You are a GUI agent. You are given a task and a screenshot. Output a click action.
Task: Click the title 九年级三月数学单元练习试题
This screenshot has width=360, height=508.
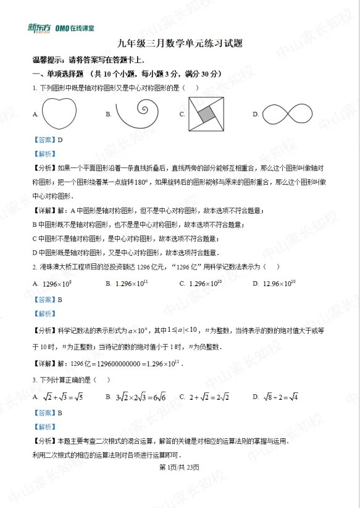[x=179, y=46]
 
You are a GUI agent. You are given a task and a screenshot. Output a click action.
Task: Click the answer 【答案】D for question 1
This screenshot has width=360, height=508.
[x=48, y=140]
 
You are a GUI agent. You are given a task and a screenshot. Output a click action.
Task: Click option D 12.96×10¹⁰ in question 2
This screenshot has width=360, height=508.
[x=278, y=284]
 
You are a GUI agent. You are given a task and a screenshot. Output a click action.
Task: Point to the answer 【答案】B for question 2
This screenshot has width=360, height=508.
[x=48, y=299]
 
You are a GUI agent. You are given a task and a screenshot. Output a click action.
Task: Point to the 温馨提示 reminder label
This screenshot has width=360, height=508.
[x=49, y=61]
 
